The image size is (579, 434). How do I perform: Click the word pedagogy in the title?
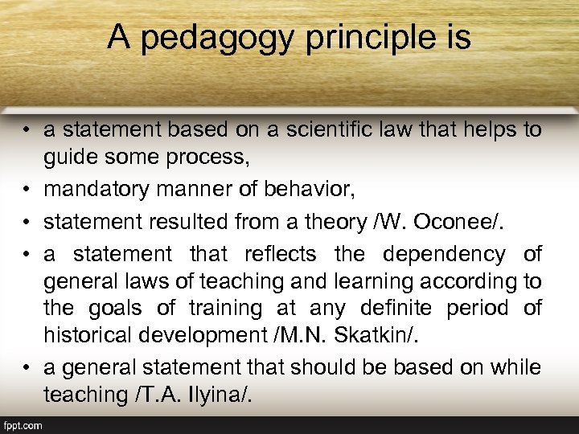point(200,38)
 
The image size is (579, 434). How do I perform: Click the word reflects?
point(280,254)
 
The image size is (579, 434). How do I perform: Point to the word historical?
point(90,335)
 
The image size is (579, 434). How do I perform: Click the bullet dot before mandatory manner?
point(26,190)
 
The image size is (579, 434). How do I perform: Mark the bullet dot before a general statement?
point(26,368)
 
